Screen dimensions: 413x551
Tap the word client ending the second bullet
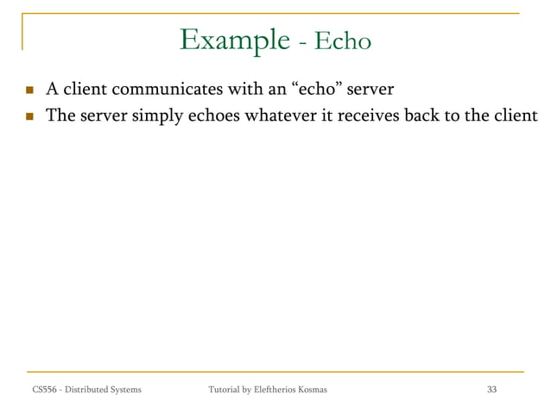click(x=515, y=115)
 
